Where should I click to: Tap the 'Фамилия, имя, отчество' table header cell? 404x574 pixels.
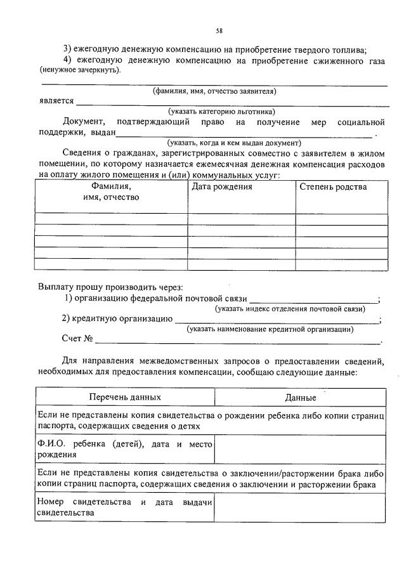point(111,192)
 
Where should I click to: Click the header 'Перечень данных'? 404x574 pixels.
point(125,397)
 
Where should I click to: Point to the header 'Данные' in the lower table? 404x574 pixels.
point(301,398)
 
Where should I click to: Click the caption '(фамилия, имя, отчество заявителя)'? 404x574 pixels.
point(214,91)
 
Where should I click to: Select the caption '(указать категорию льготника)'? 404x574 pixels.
point(217,112)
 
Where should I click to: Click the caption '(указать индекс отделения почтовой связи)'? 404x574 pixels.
point(290,309)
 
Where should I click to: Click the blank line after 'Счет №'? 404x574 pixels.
point(238,342)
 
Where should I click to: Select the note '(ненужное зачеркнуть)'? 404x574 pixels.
point(79,70)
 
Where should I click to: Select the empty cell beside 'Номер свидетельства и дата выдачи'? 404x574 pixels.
point(301,507)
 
